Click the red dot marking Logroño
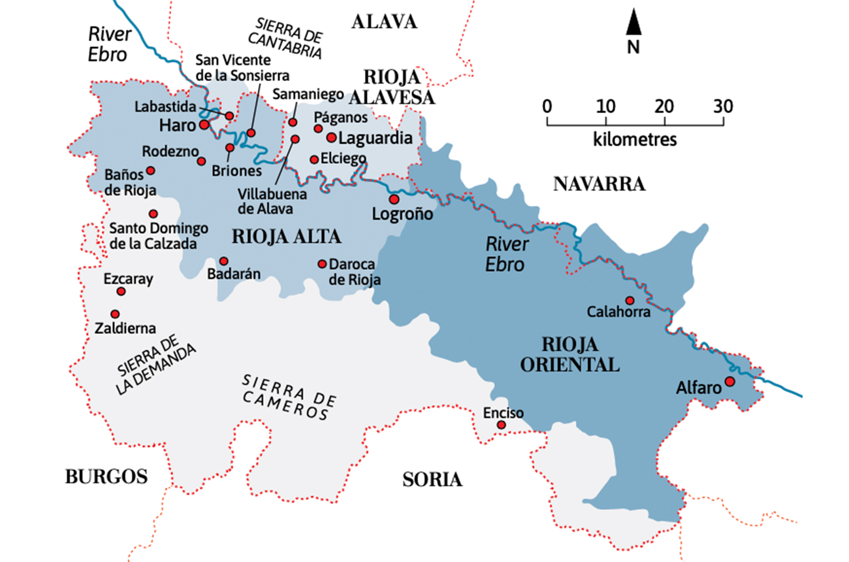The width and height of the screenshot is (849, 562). [x=394, y=199]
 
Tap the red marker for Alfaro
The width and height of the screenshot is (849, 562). [x=730, y=381]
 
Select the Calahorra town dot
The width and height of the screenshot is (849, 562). [x=630, y=301]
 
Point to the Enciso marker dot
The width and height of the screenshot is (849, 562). [x=501, y=425]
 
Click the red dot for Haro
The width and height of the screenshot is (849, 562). [x=204, y=124]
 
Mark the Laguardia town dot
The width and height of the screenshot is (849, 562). [x=331, y=137]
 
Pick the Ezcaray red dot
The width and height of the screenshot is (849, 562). [x=121, y=291]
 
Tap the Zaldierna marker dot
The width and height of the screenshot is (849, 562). [x=115, y=314]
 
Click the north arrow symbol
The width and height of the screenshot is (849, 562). [x=633, y=24]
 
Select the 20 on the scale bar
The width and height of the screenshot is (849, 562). [x=664, y=107]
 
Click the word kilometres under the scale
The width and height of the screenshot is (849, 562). [x=635, y=139]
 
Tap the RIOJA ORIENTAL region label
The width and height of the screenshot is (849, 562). [x=570, y=354]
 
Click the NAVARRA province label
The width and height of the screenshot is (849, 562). [x=599, y=184]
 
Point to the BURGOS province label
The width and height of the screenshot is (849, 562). [x=106, y=476]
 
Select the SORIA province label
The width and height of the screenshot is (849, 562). [x=432, y=480]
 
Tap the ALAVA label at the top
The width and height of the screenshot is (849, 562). [x=384, y=22]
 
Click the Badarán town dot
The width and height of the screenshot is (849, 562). [x=223, y=261]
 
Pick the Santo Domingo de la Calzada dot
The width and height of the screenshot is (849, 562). [x=153, y=214]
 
